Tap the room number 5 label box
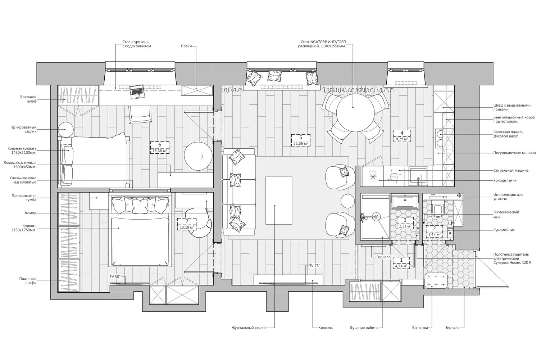pos(301,137)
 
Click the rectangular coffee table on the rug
pos(279,200)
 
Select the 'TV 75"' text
pos(314,266)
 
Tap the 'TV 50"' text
pos(117,277)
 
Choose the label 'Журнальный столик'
pos(249,328)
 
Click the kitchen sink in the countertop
pos(418,175)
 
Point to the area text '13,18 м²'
pos(187,227)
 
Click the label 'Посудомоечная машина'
pos(514,153)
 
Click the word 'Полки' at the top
pos(186,46)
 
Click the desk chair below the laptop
pos(140,114)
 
